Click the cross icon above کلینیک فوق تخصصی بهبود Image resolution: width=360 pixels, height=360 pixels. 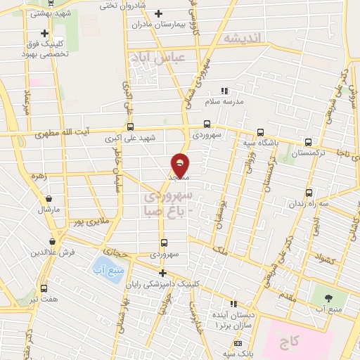pyautogui.click(x=45, y=33)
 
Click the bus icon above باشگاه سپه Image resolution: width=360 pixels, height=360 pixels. pyautogui.click(x=262, y=131)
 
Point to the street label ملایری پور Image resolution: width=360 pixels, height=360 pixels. pyautogui.click(x=91, y=221)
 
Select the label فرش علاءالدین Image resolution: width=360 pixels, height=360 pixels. pyautogui.click(x=53, y=252)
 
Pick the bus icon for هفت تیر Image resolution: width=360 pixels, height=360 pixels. pyautogui.click(x=44, y=289)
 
